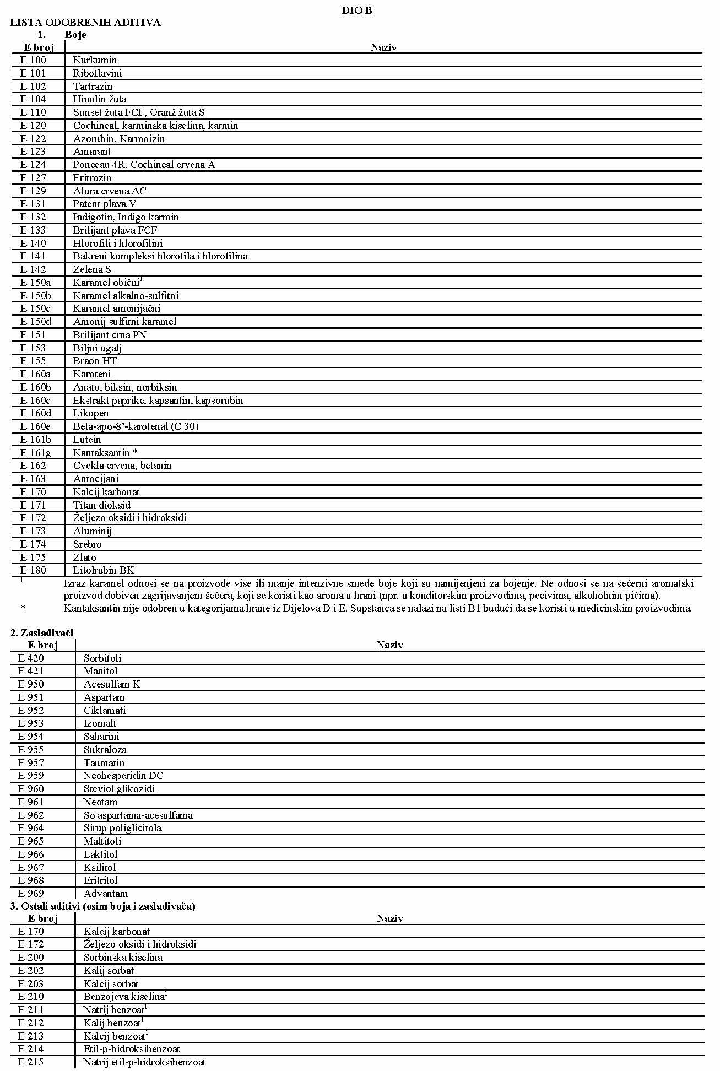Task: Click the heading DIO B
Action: pyautogui.click(x=356, y=10)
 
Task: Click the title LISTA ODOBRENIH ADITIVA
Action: pyautogui.click(x=85, y=23)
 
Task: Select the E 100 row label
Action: pyautogui.click(x=33, y=60)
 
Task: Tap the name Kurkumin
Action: pyautogui.click(x=95, y=60)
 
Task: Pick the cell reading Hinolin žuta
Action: pyautogui.click(x=100, y=99)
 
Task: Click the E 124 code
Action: pyautogui.click(x=33, y=165)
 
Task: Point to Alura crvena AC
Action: pyautogui.click(x=110, y=191)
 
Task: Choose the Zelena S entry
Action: pyautogui.click(x=92, y=269)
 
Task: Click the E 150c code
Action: pyautogui.click(x=35, y=309)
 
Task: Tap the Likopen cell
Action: pyautogui.click(x=91, y=413)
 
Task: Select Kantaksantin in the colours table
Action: pyautogui.click(x=101, y=453)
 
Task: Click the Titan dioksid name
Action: pyautogui.click(x=102, y=505)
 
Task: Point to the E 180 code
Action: pyautogui.click(x=33, y=570)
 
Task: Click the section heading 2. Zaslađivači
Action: pyautogui.click(x=42, y=633)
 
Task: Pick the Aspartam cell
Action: pyautogui.click(x=104, y=697)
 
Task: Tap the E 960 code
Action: pyautogui.click(x=31, y=789)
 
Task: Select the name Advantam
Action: pyautogui.click(x=106, y=894)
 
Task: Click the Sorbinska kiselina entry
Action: pyautogui.click(x=123, y=958)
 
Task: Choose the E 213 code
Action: pyautogui.click(x=31, y=1036)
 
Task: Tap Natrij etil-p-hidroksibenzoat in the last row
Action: pyautogui.click(x=144, y=1062)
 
